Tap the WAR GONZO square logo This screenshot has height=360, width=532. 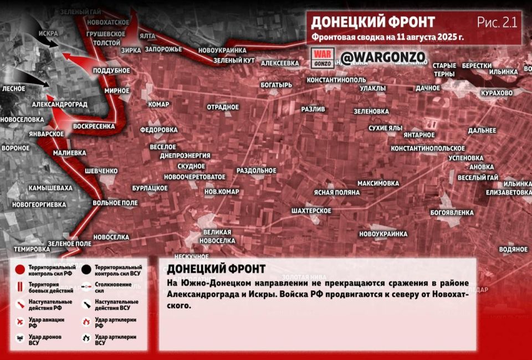(x=324, y=58)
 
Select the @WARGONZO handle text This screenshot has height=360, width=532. (x=382, y=58)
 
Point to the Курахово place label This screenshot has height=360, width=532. (x=497, y=92)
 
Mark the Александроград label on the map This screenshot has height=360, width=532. (x=59, y=104)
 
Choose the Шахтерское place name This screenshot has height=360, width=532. (x=311, y=211)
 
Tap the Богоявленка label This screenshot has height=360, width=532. (x=452, y=213)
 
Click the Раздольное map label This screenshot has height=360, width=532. (x=256, y=171)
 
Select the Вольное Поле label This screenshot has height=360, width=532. (x=115, y=203)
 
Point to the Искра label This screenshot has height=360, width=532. (x=48, y=33)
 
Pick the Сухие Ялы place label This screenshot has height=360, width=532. (x=385, y=128)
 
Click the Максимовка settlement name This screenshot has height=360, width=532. (x=378, y=183)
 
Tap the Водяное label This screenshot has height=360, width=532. (x=513, y=249)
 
